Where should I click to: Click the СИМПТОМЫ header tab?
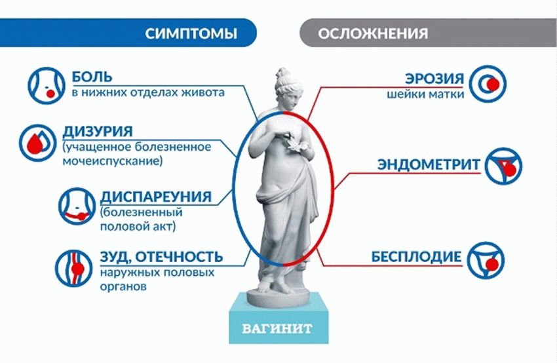click(190, 33)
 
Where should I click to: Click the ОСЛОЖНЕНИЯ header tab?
click(374, 33)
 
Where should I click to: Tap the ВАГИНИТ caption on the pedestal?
click(280, 326)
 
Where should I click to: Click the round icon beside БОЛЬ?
click(43, 85)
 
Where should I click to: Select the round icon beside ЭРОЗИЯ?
click(495, 83)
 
